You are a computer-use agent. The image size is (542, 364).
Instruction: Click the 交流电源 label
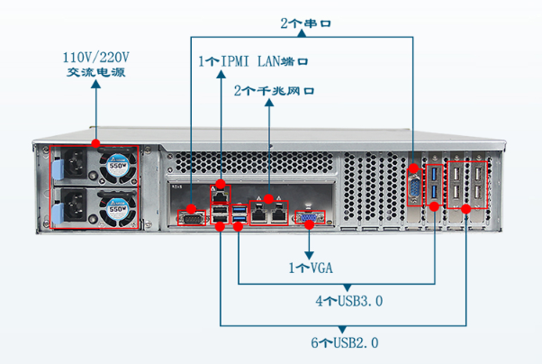[x=96, y=72]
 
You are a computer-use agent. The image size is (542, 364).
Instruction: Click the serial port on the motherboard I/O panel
[x=191, y=217]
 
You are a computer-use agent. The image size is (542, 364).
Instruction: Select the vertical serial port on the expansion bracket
[x=414, y=187]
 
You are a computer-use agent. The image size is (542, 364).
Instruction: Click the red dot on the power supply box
[x=96, y=142]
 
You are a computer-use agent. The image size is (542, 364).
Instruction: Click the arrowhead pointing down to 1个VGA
[x=311, y=251]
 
